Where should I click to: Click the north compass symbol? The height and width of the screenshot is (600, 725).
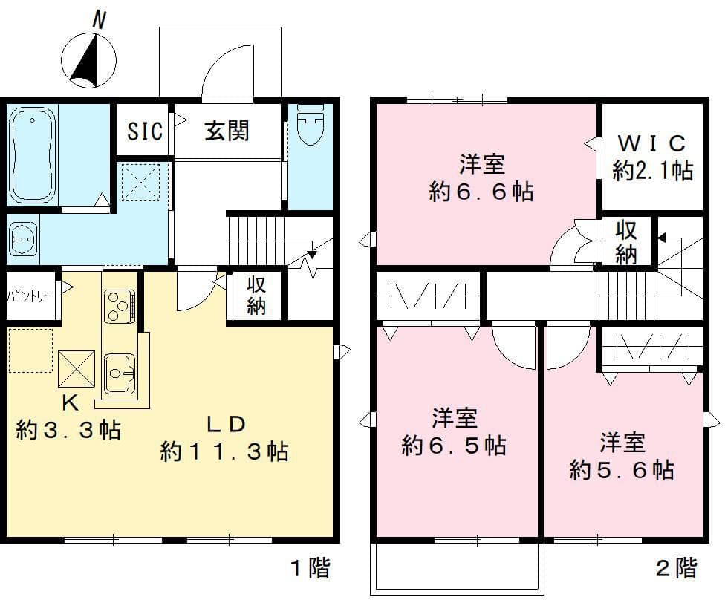point(89,53)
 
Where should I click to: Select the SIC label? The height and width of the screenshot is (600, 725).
point(145,131)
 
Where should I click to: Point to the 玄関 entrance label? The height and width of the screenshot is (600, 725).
point(227,131)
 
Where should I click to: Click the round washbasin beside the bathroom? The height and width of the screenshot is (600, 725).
point(23,239)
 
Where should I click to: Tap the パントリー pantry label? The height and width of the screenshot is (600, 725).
point(29,296)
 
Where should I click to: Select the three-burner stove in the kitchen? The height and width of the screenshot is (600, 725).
point(120,306)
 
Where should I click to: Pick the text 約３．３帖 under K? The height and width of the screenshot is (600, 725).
point(68,431)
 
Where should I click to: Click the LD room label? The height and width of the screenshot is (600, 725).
point(225,424)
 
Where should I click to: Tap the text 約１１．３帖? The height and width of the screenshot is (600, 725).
point(225,451)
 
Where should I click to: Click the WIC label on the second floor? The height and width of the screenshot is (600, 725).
point(651,143)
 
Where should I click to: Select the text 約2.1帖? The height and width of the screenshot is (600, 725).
point(653,170)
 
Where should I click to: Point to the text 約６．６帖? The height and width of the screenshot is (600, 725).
point(481,192)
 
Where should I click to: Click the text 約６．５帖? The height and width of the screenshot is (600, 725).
point(454,446)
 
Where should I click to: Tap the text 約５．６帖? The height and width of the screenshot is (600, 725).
point(622,470)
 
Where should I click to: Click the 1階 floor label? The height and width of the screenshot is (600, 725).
point(311,568)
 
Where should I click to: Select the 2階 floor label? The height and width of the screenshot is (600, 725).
point(677,568)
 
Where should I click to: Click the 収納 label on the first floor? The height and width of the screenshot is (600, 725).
point(256,296)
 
